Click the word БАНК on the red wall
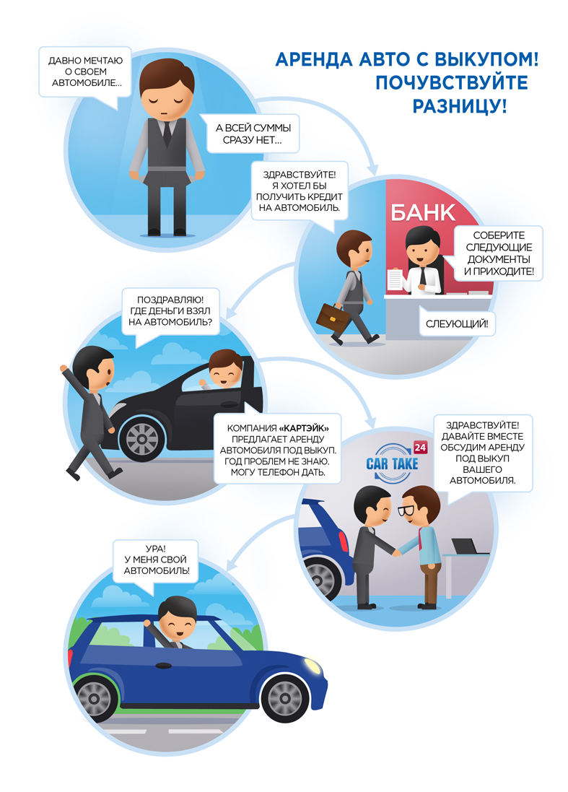point(423,213)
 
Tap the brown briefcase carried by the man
point(333,316)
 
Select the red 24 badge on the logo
point(420,447)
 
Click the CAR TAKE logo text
point(393,464)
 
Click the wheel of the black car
point(142,439)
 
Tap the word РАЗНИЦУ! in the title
point(460,105)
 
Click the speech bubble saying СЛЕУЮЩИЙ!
point(457,323)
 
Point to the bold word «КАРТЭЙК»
point(304,428)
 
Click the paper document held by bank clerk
point(394,279)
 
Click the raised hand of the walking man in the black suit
point(64,368)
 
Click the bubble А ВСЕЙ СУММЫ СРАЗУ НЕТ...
point(253,134)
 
